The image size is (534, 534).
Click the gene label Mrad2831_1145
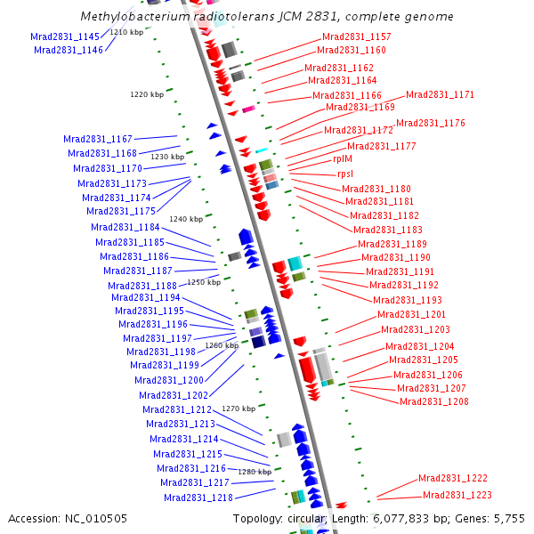(x=65, y=36)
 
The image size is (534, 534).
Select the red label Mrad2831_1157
(x=356, y=37)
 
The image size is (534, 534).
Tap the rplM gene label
(x=343, y=158)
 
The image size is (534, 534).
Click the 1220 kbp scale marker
(x=147, y=93)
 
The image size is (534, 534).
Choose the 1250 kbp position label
(x=203, y=282)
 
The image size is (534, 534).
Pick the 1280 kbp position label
(x=254, y=472)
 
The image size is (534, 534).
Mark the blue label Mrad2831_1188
(x=142, y=286)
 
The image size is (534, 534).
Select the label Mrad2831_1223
(x=457, y=495)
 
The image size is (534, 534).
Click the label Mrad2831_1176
(x=431, y=123)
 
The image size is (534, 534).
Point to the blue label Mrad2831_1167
(x=98, y=139)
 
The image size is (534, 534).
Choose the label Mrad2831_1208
(x=434, y=401)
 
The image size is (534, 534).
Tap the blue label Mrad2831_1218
(x=198, y=498)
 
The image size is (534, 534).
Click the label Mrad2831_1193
(x=408, y=300)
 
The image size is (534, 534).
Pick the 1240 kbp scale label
(x=186, y=219)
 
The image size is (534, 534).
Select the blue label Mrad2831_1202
(x=174, y=395)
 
